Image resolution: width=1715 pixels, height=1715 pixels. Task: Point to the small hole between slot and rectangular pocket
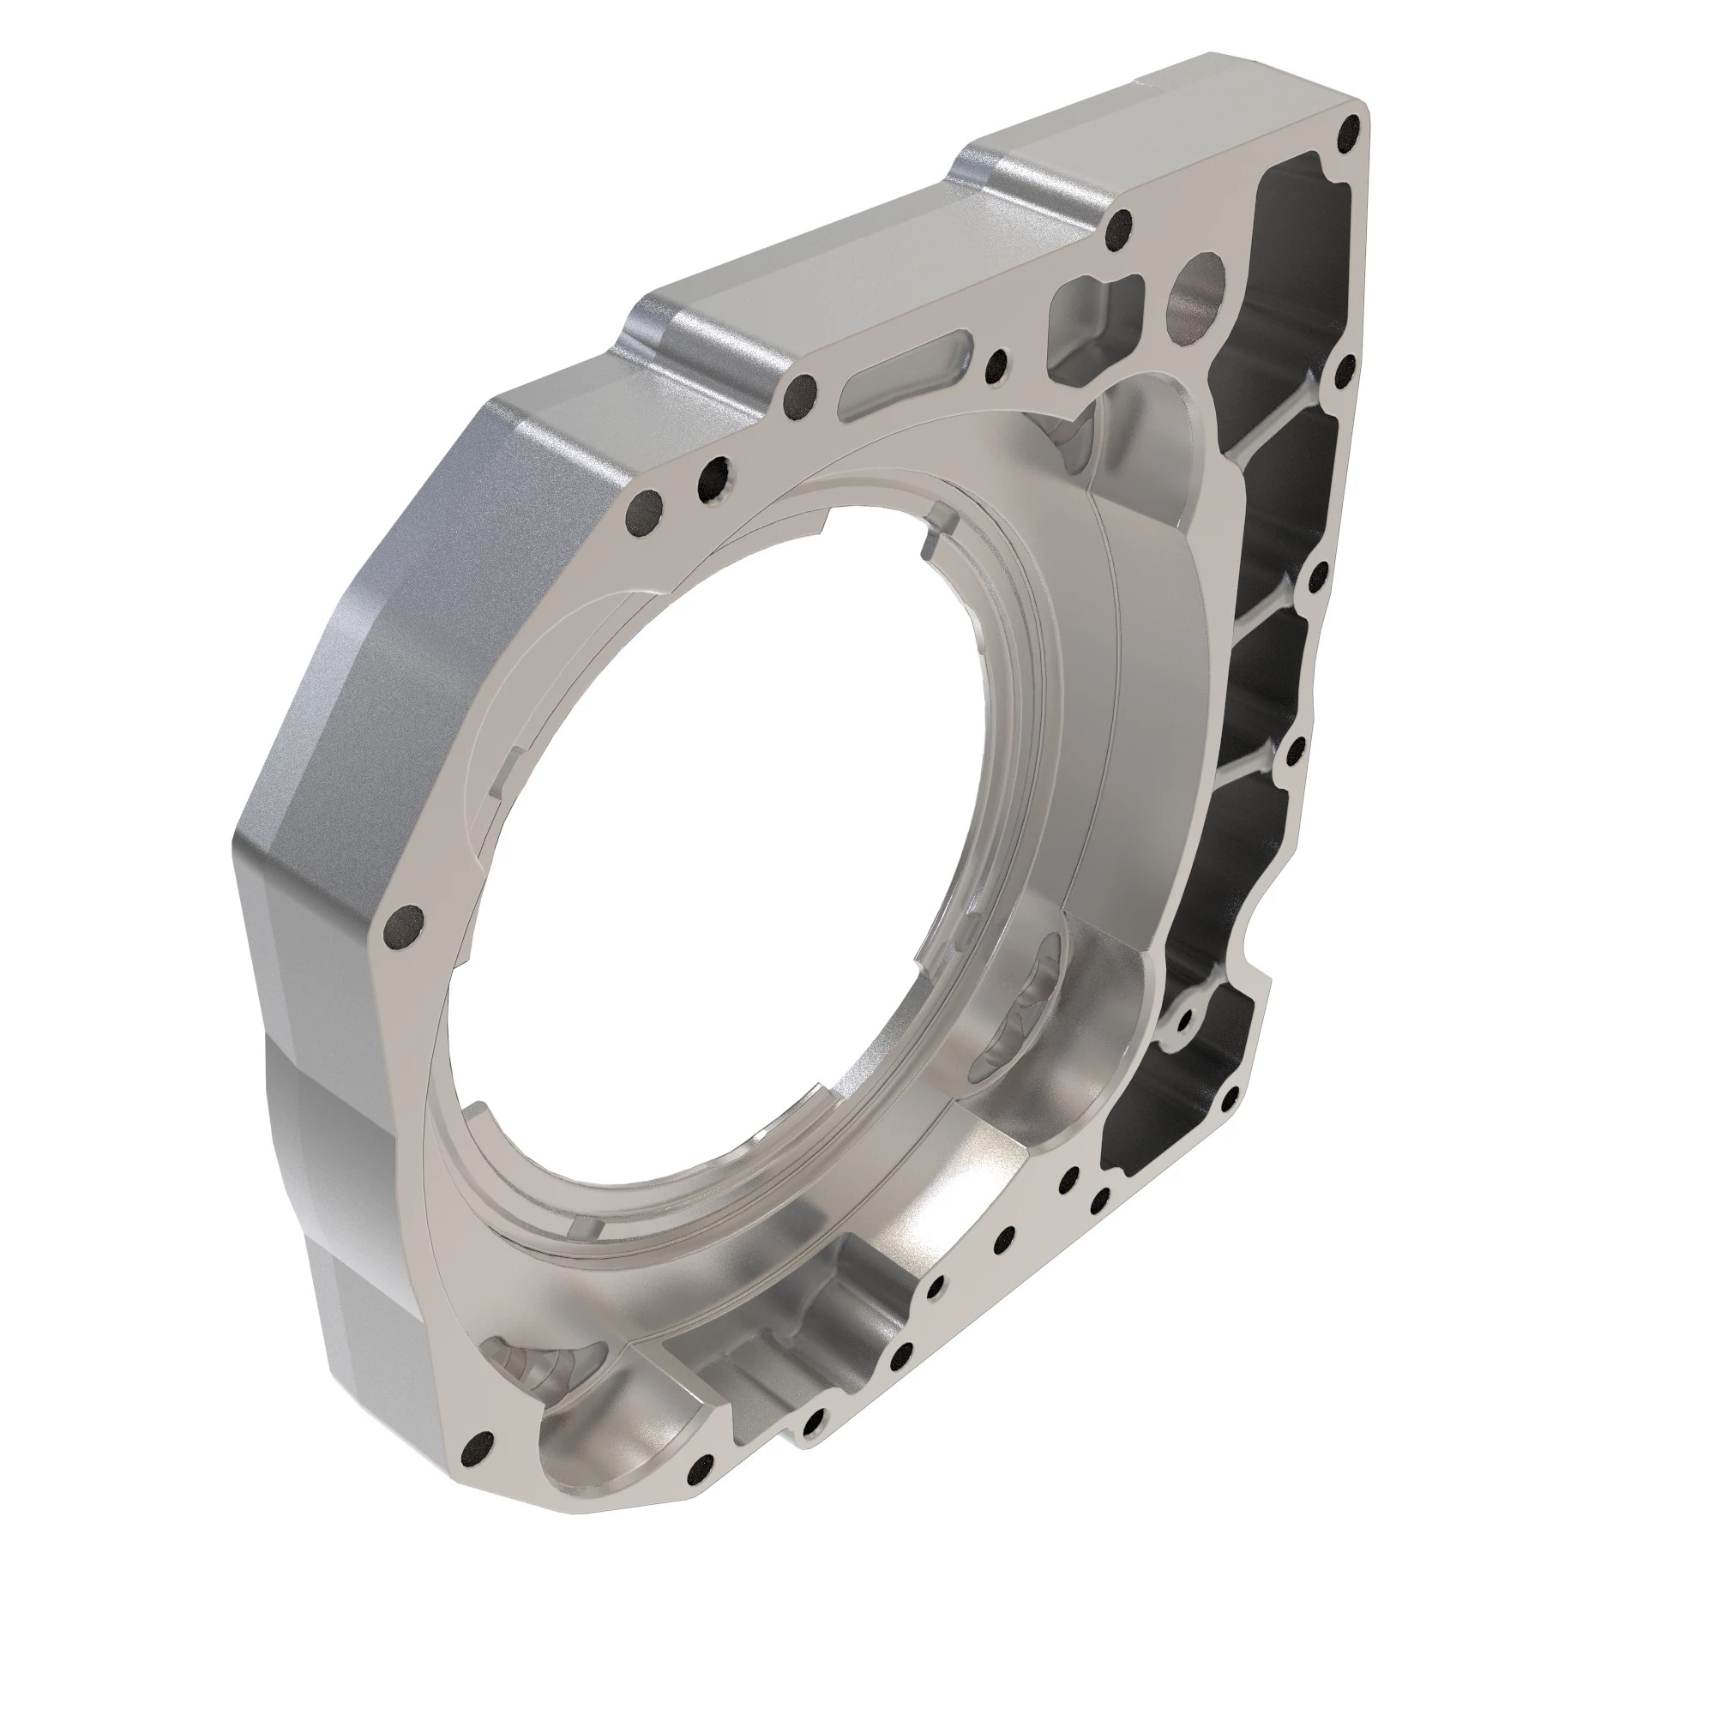[998, 361]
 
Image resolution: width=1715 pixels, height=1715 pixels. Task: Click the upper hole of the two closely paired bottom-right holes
[1068, 1177]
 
